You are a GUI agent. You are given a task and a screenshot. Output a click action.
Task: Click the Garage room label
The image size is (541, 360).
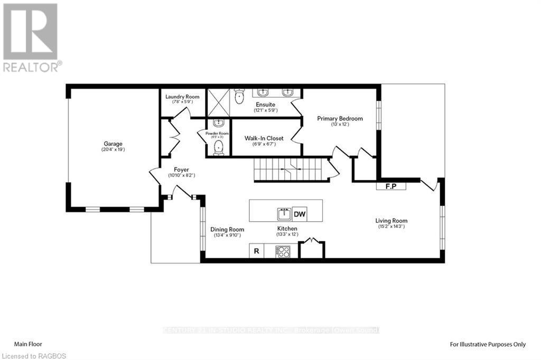(113, 144)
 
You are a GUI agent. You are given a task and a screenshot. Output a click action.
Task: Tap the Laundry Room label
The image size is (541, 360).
(182, 97)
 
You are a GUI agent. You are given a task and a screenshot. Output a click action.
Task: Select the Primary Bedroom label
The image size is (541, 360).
(340, 119)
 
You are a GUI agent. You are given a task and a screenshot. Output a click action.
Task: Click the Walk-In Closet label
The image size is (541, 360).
(264, 138)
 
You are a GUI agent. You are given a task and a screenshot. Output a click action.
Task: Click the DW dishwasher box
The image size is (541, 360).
(300, 214)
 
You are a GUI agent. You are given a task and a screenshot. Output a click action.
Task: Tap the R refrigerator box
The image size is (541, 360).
(256, 251)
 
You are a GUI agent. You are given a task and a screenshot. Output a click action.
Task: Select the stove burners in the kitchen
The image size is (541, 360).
(283, 252)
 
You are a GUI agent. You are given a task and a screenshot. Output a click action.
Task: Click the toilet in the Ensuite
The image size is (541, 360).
(239, 96)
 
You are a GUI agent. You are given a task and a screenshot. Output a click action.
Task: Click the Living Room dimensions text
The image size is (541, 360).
(391, 227)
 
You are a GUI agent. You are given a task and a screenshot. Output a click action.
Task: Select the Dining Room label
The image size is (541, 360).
(227, 229)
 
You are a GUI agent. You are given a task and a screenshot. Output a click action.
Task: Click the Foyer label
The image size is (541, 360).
(181, 169)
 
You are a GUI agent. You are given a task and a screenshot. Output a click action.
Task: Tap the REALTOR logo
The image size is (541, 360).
(32, 37)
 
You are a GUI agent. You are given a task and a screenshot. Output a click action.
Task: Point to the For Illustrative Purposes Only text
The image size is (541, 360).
(487, 344)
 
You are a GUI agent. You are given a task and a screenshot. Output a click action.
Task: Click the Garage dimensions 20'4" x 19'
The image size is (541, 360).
(113, 149)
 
